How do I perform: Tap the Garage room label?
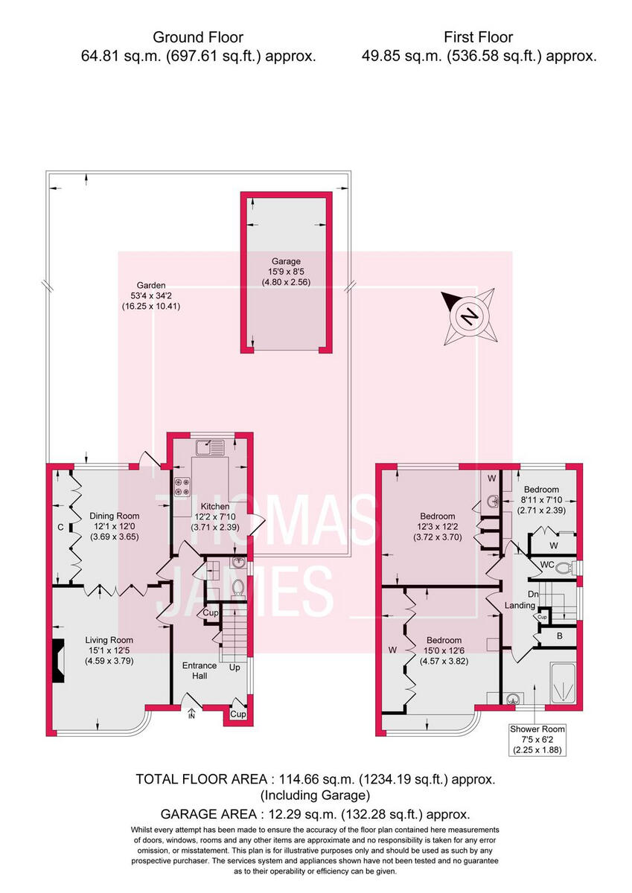[286, 272]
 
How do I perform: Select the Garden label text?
[150, 295]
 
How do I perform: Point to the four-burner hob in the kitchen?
[182, 488]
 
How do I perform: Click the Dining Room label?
[115, 525]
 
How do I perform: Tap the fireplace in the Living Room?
[58, 659]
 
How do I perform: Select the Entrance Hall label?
[200, 670]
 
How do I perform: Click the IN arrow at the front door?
[191, 715]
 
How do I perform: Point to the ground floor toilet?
[238, 588]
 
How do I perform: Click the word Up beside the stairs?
[234, 667]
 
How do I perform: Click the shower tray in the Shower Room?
[562, 682]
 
